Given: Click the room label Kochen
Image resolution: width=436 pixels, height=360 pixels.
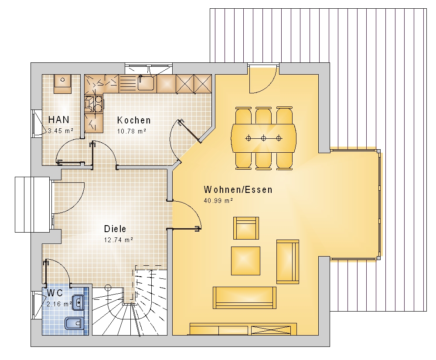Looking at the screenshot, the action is [x=134, y=120].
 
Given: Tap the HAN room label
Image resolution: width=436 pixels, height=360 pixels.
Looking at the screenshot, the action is [x=59, y=120].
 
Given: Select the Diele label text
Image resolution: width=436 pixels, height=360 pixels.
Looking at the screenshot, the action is [x=115, y=229].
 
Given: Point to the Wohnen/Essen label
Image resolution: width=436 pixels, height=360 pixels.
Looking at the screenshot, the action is [x=238, y=190].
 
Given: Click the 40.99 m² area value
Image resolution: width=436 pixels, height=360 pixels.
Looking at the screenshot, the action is [x=218, y=201].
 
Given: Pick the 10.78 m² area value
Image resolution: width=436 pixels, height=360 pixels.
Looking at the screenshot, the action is [x=132, y=131].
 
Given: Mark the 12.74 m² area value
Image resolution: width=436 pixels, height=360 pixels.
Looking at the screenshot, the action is [x=119, y=240].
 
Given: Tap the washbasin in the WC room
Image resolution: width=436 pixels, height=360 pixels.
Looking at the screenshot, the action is [x=78, y=302].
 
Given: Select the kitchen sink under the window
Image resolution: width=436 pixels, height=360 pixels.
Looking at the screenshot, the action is [x=146, y=82].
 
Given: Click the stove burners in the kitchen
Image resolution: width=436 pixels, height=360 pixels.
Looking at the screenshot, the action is [x=94, y=103].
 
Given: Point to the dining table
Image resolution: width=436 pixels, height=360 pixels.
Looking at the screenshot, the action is [x=264, y=138].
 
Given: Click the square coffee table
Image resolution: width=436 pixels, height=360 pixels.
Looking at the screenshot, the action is [x=246, y=261].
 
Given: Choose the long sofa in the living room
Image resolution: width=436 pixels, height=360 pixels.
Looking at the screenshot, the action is [x=245, y=298].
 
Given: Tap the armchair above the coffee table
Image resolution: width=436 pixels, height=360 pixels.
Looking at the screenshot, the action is [x=246, y=228].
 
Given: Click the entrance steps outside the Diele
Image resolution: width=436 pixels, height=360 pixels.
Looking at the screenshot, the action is [x=32, y=205].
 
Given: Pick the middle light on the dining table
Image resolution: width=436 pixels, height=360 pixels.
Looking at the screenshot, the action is [x=264, y=138].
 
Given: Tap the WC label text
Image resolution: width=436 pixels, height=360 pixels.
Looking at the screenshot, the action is [x=55, y=293].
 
